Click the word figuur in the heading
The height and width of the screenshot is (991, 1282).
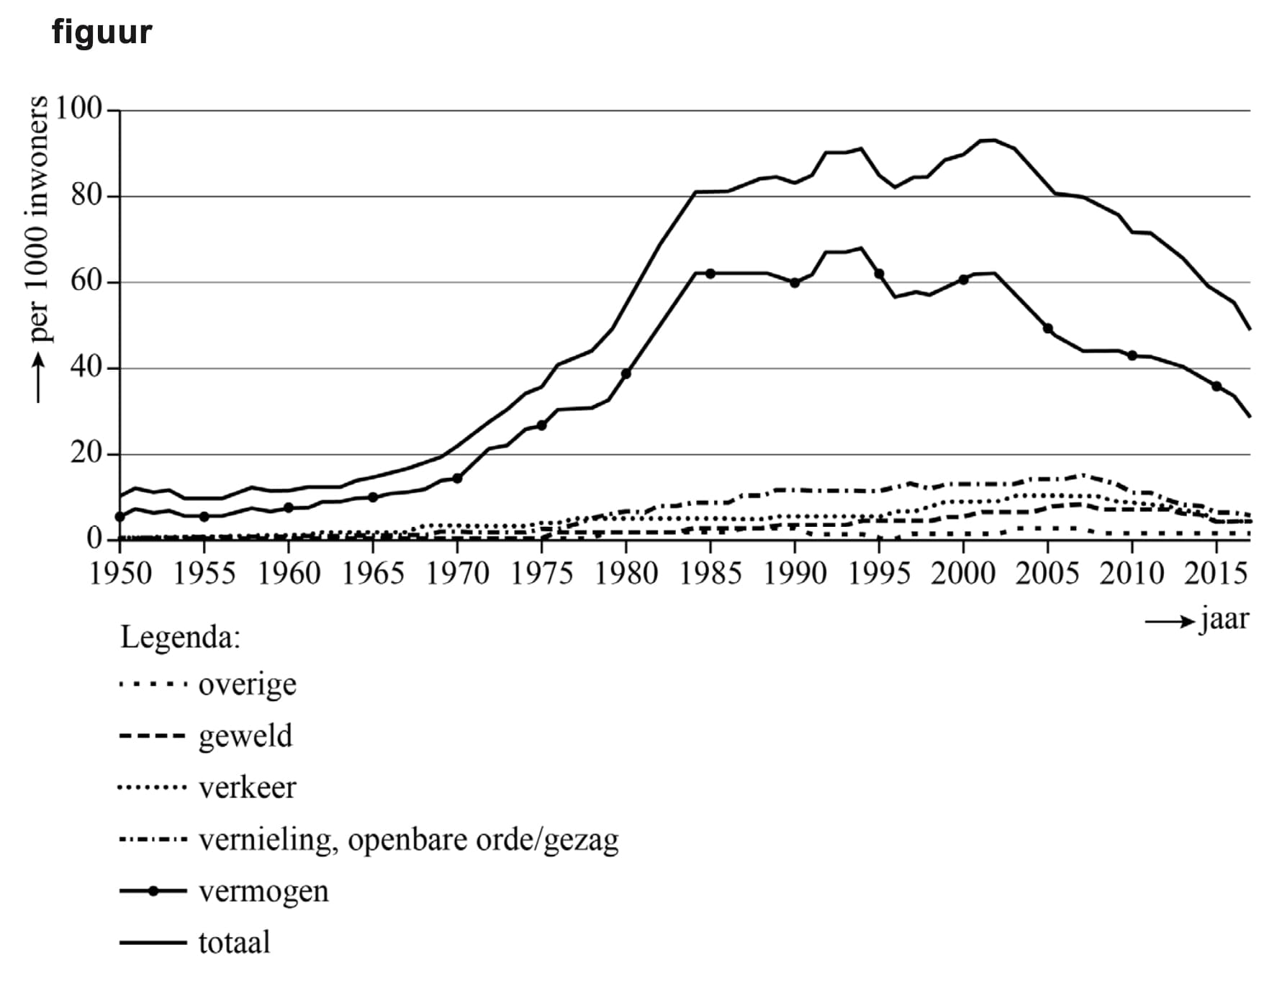coord(101,32)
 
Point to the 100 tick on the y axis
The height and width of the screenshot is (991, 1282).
coord(78,109)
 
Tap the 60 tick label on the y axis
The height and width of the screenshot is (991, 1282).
coord(86,281)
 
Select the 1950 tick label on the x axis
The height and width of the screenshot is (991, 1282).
coord(120,574)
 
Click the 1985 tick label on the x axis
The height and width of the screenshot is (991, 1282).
coord(710,574)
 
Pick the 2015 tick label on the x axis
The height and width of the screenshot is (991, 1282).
coord(1216,574)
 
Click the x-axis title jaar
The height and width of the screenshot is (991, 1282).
coord(1224,619)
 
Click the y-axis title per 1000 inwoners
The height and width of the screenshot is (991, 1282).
coord(37,220)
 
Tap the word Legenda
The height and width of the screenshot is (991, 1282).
coord(180,637)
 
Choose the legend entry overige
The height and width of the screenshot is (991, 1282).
coord(247,684)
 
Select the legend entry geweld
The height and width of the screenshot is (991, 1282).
coord(245,736)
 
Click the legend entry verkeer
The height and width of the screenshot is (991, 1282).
coord(247,788)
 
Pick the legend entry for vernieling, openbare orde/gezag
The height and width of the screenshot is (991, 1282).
coord(408,840)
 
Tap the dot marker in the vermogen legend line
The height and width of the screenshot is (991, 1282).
coord(153,892)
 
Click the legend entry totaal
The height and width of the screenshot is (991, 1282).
coord(234,943)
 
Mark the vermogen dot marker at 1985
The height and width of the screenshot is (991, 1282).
coord(710,273)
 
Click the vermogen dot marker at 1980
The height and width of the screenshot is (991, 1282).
coord(626,374)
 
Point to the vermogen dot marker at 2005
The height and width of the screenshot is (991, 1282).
coord(1047,328)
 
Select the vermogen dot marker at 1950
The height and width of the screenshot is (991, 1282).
coord(120,517)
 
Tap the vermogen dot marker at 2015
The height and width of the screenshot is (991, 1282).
coord(1216,386)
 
